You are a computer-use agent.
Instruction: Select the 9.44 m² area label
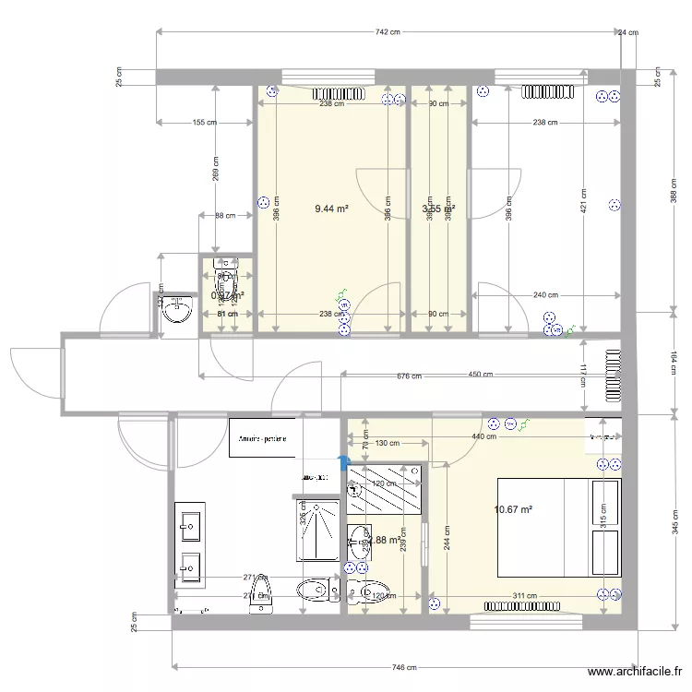pos(331,209)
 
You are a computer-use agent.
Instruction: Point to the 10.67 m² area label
pos(514,509)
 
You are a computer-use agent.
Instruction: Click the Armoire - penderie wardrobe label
pos(262,439)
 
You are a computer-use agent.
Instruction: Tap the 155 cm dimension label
pos(205,122)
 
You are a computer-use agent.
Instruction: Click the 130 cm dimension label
pos(388,443)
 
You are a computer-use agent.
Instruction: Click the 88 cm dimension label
pos(225,216)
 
